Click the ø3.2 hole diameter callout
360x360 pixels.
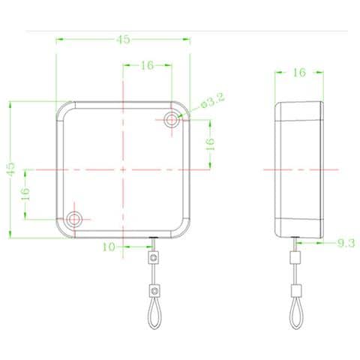213,100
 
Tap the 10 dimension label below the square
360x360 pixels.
109,247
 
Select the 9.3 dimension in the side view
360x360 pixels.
346,243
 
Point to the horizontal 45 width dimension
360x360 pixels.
123,39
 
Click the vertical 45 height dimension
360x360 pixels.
10,169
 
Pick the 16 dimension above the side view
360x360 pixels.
299,73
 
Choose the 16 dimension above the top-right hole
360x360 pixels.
147,65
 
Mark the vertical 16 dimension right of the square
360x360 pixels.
210,144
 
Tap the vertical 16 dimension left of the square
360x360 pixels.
25,194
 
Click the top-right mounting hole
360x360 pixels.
172,119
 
